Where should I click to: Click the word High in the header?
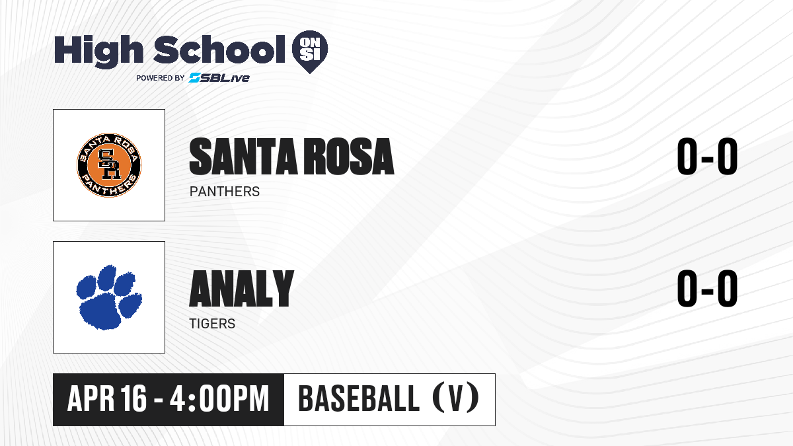98,51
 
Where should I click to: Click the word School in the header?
219,49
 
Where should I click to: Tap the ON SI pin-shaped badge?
310,52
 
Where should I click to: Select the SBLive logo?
219,78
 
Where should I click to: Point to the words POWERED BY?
161,78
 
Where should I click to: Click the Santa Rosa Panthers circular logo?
109,165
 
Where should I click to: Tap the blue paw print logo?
109,297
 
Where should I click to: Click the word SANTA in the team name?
244,157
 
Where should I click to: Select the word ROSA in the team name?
350,157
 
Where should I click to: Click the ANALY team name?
242,289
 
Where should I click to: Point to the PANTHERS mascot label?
225,192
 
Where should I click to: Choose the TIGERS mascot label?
212,324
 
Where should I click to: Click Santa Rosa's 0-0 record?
707,157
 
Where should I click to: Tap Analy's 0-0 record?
707,289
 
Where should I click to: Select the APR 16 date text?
106,398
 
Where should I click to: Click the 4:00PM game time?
219,398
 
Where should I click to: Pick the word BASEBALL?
359,398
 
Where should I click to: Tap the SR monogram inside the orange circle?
109,165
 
